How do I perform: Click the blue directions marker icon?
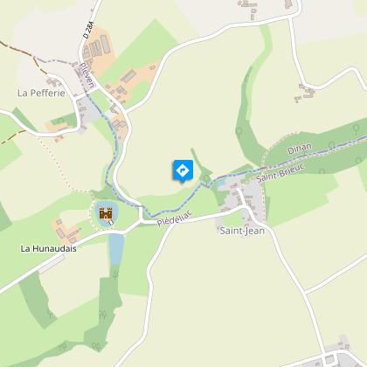(x=183, y=170)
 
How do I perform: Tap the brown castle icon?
(x=106, y=213)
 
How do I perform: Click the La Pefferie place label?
(x=41, y=91)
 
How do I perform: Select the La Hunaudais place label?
(x=51, y=248)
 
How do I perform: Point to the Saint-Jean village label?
(x=240, y=231)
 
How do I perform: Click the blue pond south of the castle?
(x=115, y=248)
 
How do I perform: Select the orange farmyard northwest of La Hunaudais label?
(x=66, y=230)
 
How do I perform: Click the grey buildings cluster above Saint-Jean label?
(x=238, y=203)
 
